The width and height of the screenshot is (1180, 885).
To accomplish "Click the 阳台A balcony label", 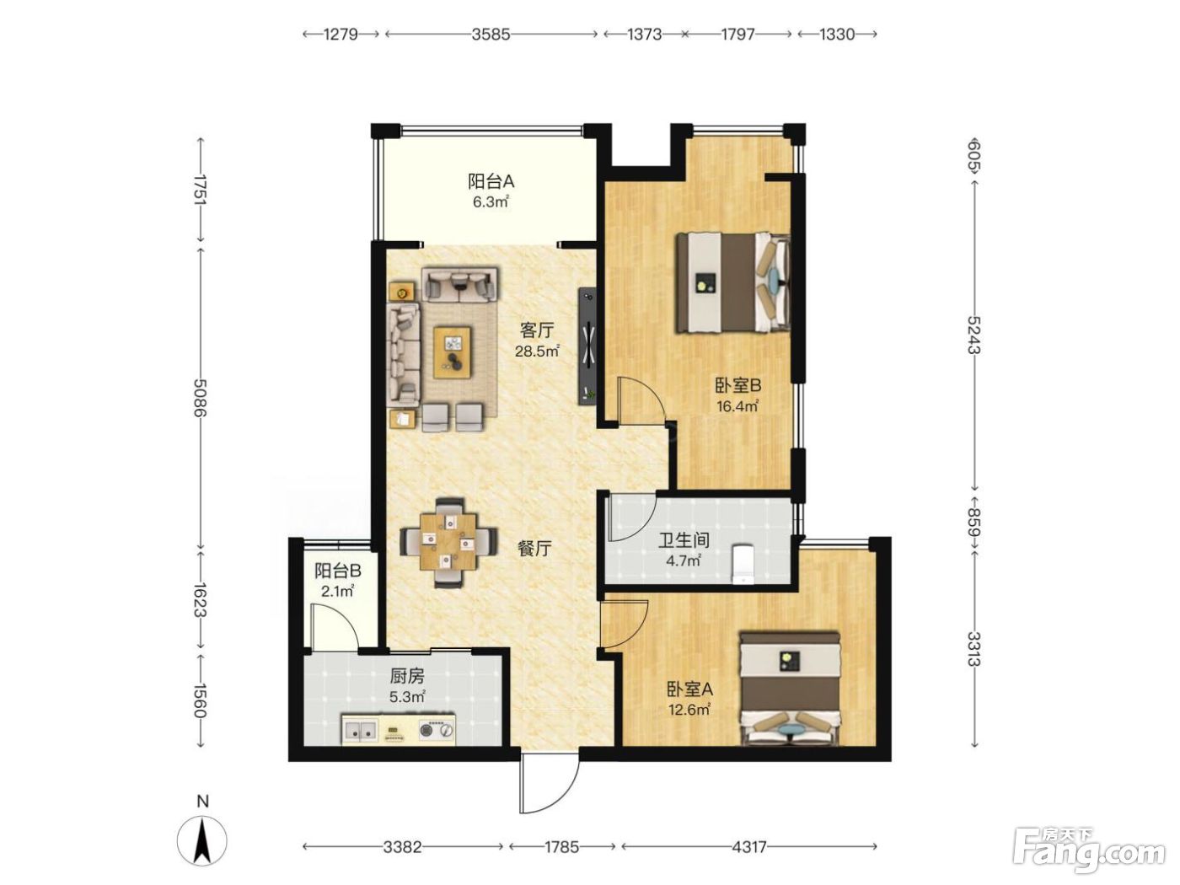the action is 491,181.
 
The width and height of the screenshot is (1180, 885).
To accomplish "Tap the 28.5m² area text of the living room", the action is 537,351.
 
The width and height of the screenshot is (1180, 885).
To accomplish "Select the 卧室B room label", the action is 737,385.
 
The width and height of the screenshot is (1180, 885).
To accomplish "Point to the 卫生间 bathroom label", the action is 684,540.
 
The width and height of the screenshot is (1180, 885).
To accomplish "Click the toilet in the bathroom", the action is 743,564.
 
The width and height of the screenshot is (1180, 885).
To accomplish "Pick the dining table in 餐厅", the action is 448,542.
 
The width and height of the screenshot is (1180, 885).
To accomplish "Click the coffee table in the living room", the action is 453,346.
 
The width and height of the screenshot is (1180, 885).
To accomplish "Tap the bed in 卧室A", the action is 789,689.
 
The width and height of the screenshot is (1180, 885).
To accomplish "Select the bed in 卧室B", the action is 732,282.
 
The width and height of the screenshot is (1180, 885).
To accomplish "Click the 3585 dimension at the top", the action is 491,35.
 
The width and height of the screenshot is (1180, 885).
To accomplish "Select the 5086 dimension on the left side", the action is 200,397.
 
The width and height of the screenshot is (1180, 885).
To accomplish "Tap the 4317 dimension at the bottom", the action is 748,847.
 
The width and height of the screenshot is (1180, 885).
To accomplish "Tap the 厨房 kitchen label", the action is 407,675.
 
